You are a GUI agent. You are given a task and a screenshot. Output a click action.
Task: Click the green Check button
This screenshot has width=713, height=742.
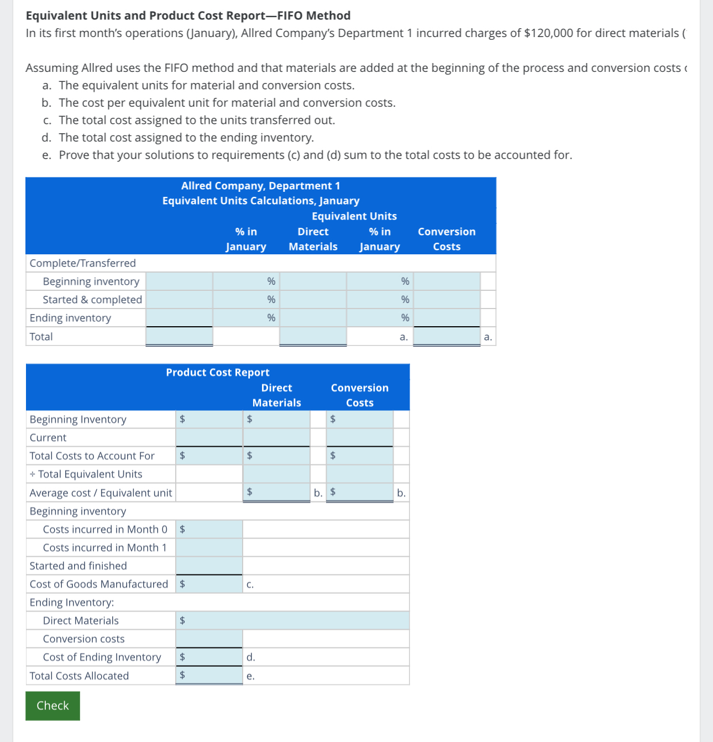[53, 706]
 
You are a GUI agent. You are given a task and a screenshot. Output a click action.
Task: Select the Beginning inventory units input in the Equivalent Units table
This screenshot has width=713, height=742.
[179, 281]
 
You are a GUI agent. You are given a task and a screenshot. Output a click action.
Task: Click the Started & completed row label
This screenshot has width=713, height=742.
[92, 300]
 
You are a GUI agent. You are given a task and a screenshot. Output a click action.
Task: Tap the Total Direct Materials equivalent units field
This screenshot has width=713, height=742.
[313, 337]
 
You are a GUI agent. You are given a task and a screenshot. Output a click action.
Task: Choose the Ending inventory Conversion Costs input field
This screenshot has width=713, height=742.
[447, 318]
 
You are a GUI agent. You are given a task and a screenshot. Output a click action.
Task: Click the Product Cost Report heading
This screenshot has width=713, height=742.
[218, 373]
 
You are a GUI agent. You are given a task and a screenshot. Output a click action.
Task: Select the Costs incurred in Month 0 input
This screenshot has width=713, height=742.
[209, 529]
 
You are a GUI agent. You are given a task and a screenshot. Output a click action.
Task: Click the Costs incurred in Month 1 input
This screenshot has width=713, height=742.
[209, 547]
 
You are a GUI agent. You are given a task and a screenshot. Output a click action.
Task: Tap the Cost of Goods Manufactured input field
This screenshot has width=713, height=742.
[209, 584]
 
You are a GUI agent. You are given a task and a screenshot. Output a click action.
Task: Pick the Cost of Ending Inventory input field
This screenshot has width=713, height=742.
[209, 657]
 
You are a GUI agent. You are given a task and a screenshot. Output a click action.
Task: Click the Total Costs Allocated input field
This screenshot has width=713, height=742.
[209, 675]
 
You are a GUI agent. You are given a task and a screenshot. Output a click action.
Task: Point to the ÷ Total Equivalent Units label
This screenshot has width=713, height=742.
[86, 474]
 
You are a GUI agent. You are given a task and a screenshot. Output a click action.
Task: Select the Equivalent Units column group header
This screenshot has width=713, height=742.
[354, 216]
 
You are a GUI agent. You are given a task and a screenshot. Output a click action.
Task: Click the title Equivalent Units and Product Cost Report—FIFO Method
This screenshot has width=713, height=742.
[188, 15]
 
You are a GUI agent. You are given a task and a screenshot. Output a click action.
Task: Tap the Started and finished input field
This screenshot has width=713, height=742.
[209, 566]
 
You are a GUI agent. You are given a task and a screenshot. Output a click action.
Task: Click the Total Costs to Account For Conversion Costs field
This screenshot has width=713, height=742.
[360, 456]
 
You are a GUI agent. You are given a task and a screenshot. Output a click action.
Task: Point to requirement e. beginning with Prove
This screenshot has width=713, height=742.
[315, 155]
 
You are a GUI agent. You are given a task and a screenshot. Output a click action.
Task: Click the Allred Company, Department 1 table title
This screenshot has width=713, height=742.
[261, 186]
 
